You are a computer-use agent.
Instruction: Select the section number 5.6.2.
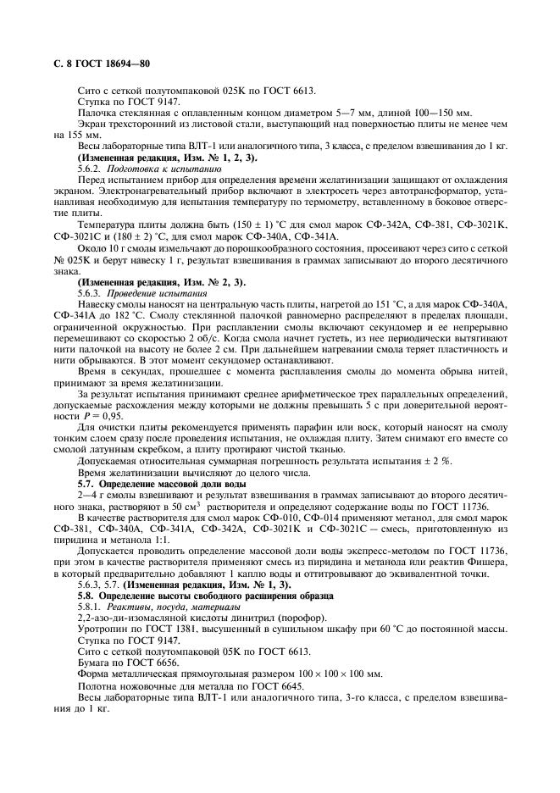[91, 169]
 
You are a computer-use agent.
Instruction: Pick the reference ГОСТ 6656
[136, 661]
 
